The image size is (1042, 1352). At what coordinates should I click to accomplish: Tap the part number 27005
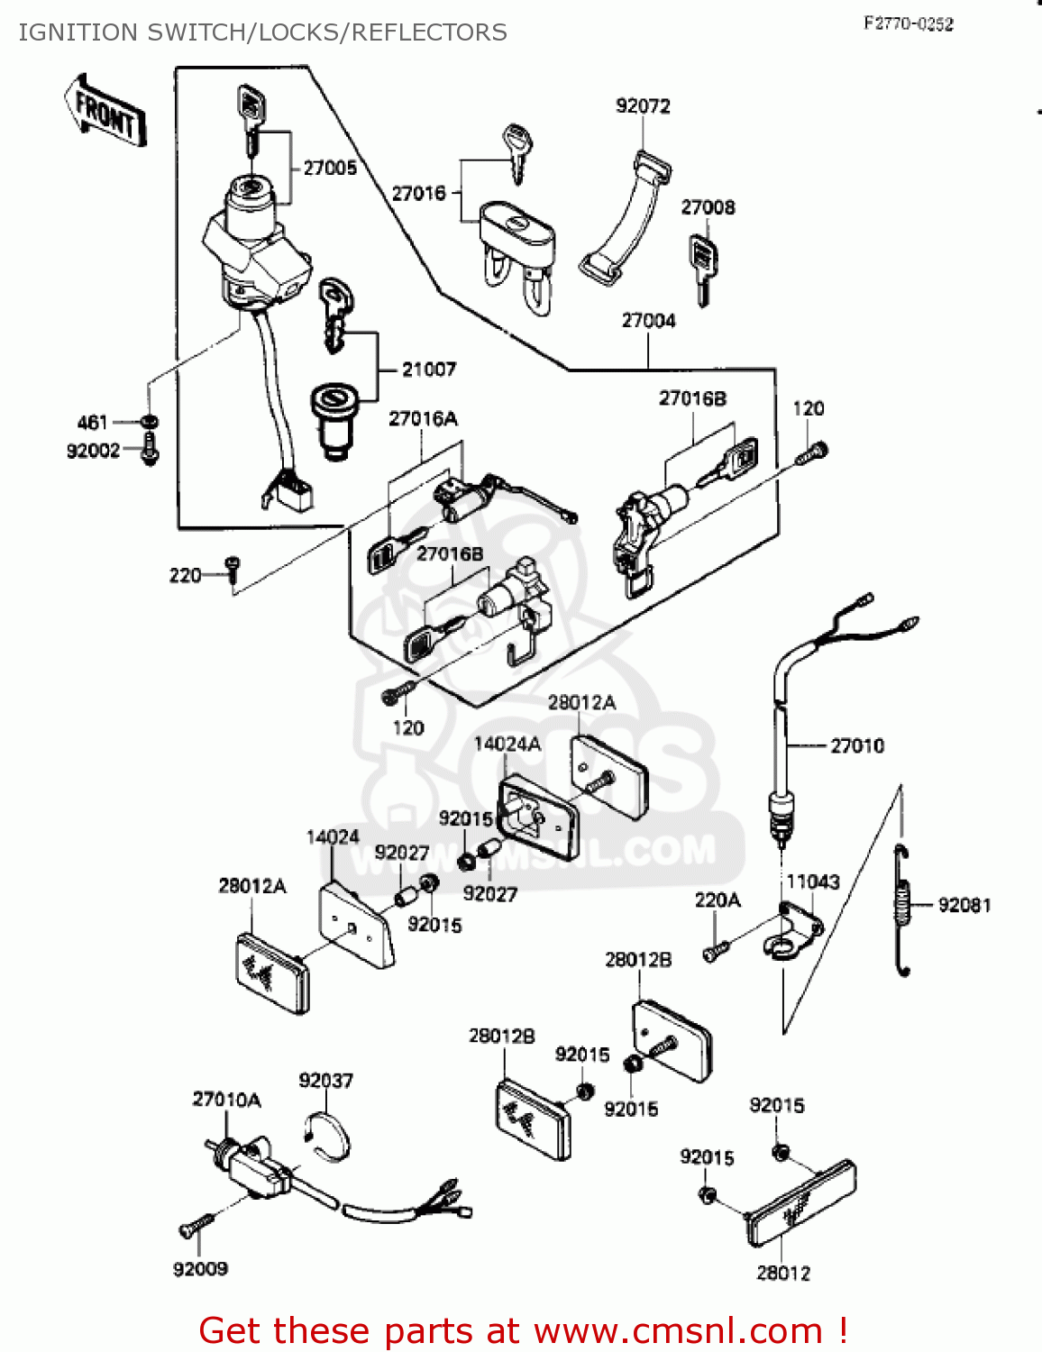(x=330, y=168)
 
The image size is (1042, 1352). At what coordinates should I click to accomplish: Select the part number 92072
(x=643, y=106)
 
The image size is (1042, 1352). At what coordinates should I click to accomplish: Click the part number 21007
(x=429, y=370)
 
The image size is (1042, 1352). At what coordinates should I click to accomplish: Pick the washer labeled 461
(x=150, y=421)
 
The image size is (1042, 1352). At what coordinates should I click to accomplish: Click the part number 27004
(x=648, y=321)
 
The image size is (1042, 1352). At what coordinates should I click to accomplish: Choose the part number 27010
(x=856, y=746)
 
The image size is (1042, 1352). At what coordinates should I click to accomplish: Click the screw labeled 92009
(x=197, y=1226)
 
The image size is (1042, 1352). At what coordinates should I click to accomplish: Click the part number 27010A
(x=226, y=1100)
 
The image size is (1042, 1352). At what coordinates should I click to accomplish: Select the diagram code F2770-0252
(x=908, y=24)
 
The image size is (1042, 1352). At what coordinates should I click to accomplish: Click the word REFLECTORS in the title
(x=429, y=32)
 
